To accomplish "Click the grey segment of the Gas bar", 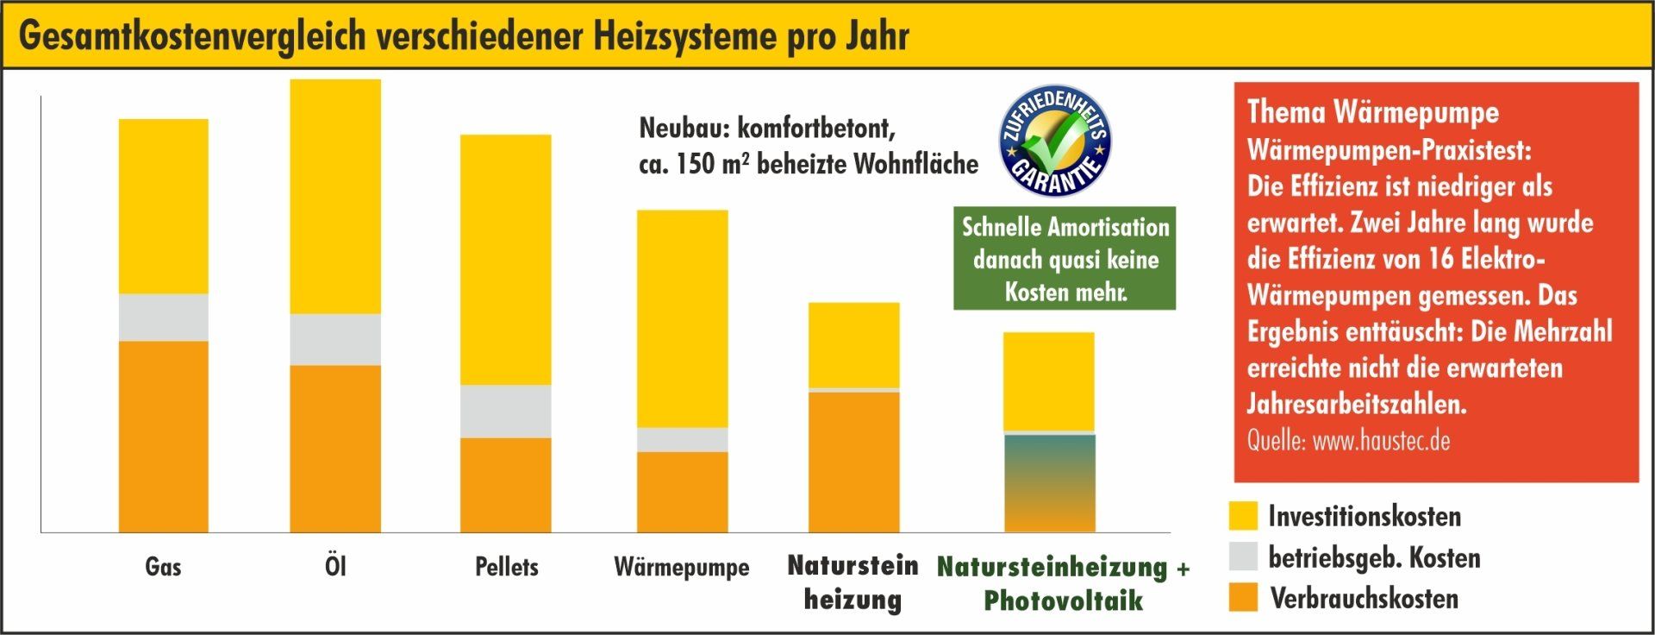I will click(x=163, y=317).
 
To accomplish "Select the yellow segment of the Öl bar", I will click(x=335, y=197).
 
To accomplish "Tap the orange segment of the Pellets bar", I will click(x=505, y=485).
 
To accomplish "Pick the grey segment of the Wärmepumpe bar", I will click(x=682, y=439).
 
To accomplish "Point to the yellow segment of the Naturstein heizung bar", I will click(x=853, y=345).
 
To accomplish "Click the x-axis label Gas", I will click(x=163, y=567).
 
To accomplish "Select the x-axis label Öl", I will click(x=335, y=566).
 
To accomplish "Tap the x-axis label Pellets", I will click(x=506, y=567).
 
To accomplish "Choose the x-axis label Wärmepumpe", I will click(x=682, y=568).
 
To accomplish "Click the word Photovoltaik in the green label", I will click(x=1063, y=600).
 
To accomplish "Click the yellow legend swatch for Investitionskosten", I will click(x=1243, y=516).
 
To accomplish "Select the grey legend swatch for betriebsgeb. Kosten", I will click(x=1243, y=556).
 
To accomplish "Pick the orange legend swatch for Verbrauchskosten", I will click(x=1243, y=597).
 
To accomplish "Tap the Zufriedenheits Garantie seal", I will click(x=1054, y=141).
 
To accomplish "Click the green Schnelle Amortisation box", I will click(x=1065, y=258).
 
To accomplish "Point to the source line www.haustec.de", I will click(x=1348, y=441).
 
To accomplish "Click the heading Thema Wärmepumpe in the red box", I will click(x=1372, y=112).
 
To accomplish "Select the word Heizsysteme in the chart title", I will click(x=684, y=36).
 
